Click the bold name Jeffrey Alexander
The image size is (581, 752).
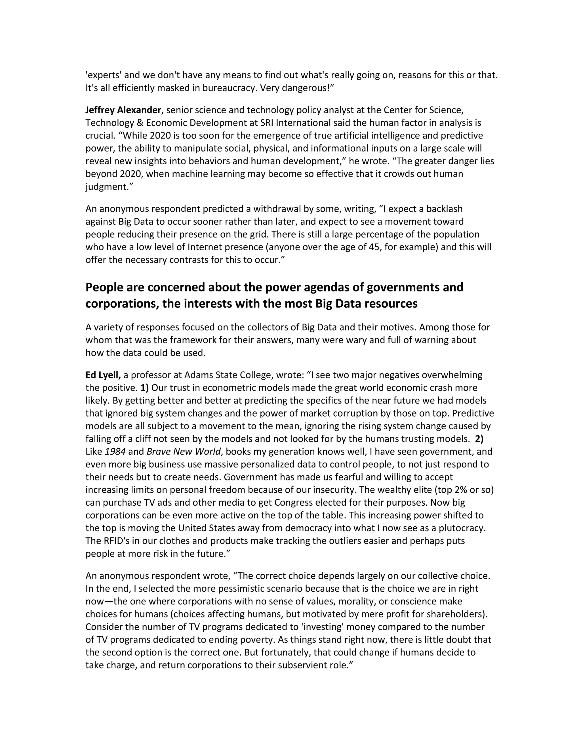(123, 110)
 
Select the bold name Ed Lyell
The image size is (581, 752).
(103, 375)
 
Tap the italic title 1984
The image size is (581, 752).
(115, 451)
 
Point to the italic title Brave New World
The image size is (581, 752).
(184, 451)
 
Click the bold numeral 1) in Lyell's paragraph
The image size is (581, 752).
(145, 388)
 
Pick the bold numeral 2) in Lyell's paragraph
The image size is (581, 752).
(479, 439)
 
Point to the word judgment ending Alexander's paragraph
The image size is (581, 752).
(107, 187)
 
